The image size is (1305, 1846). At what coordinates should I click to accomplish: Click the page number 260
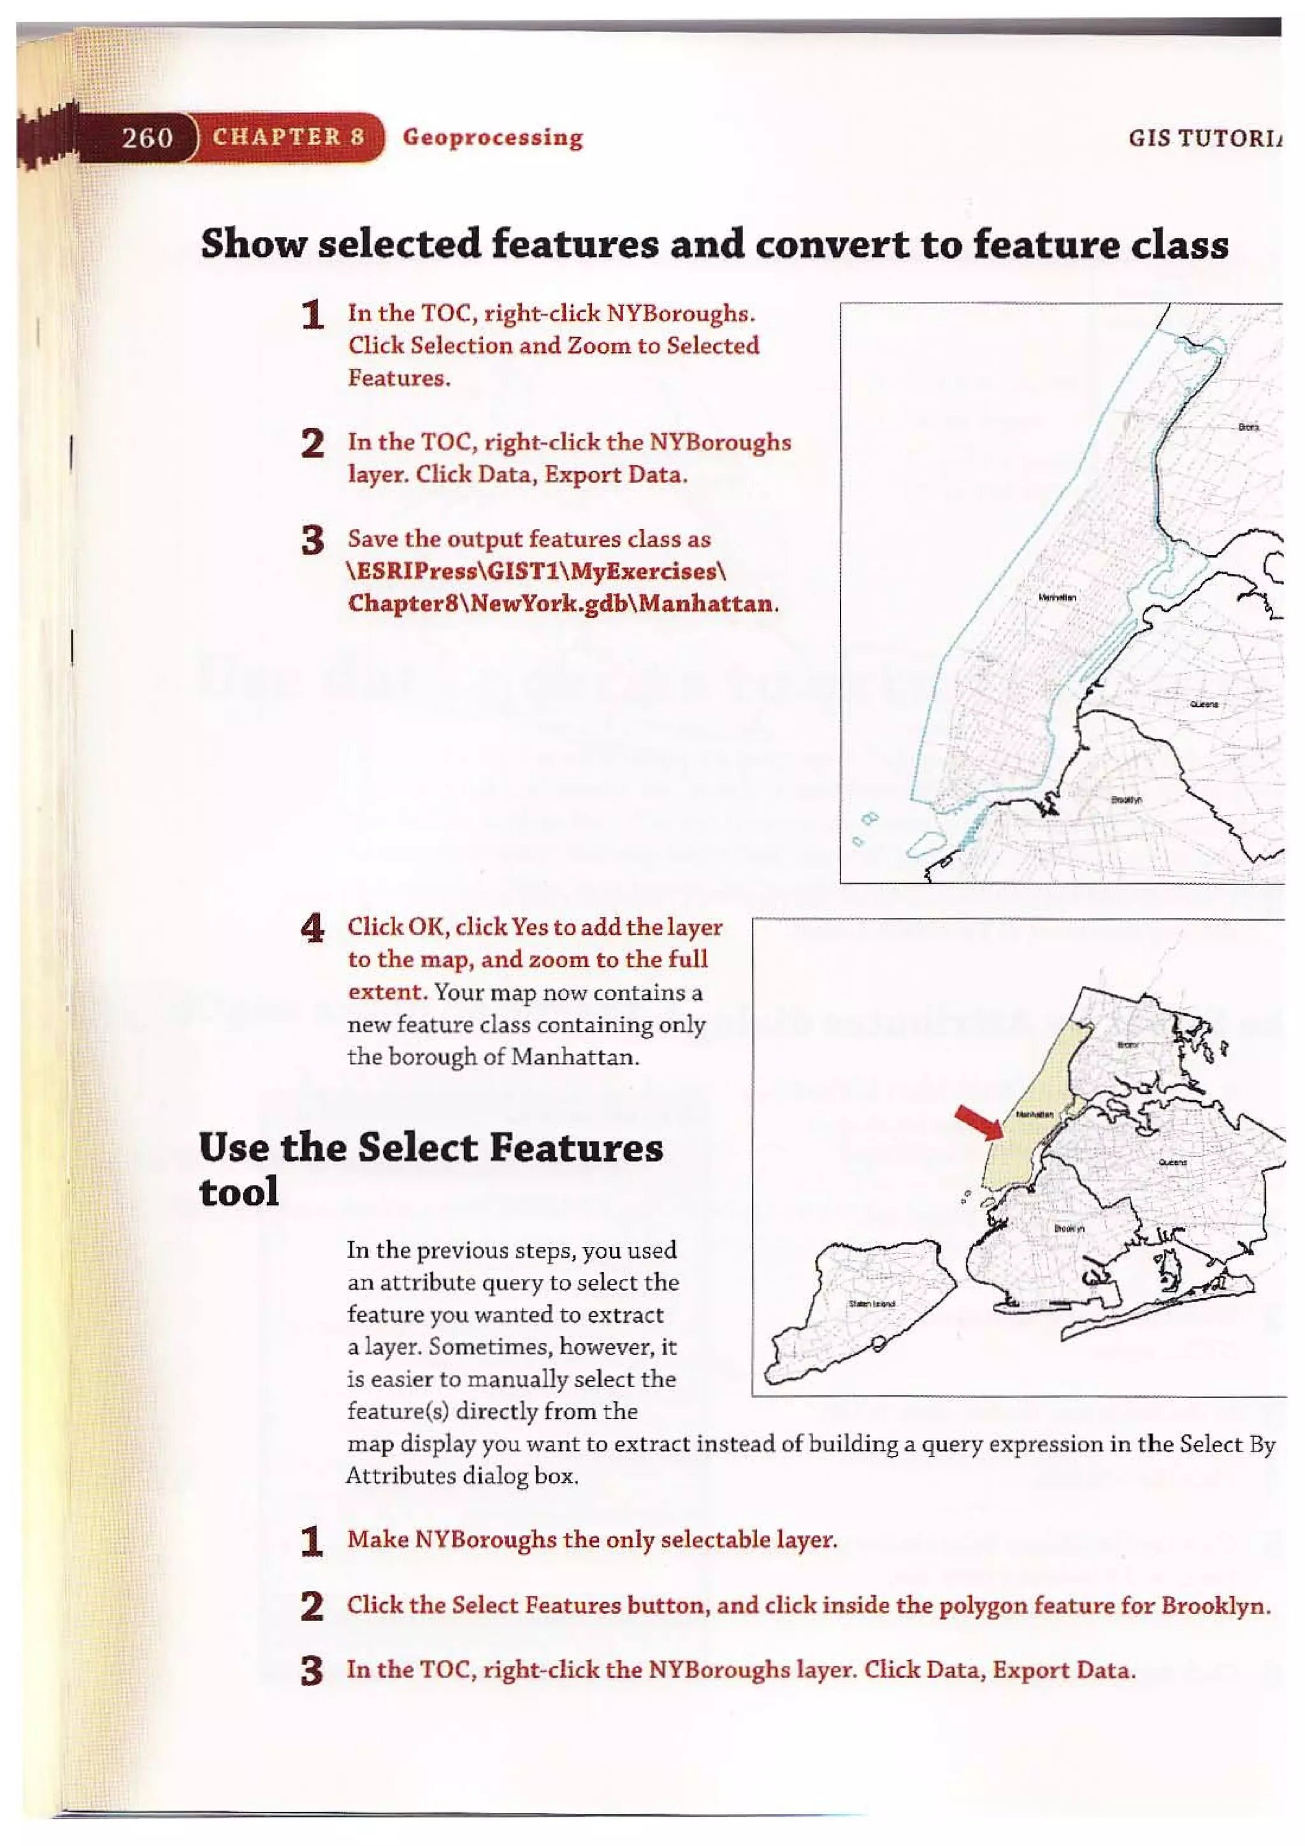pos(147,138)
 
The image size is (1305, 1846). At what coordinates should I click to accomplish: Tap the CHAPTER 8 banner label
pos(288,136)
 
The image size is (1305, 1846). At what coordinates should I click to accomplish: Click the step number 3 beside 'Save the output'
pos(312,540)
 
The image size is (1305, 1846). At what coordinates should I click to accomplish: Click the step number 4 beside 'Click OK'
pos(312,928)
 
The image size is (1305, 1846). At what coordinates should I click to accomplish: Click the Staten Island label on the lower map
pos(872,1302)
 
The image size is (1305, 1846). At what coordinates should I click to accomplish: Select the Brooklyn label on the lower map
pos(1069,1229)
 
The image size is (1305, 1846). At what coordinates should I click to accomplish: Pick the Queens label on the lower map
pos(1172,1163)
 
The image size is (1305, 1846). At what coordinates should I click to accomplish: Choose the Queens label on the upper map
pos(1204,704)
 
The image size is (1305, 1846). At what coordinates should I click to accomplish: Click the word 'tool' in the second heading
pos(239,1192)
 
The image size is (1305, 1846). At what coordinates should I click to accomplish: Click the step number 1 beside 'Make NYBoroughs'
pos(312,1541)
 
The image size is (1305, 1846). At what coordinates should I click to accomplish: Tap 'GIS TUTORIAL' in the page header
pos(1206,138)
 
